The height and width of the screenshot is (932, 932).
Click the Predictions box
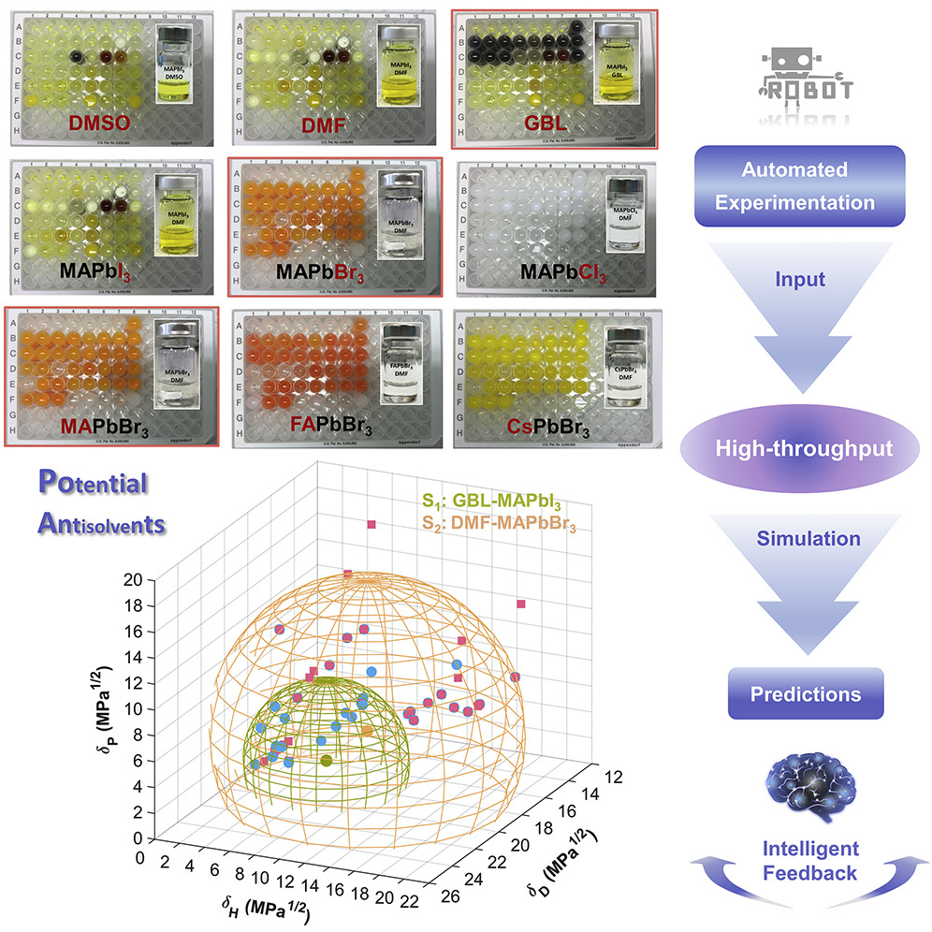tap(804, 694)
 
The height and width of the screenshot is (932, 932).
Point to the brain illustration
tap(806, 785)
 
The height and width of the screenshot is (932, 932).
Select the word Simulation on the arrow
tap(804, 539)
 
